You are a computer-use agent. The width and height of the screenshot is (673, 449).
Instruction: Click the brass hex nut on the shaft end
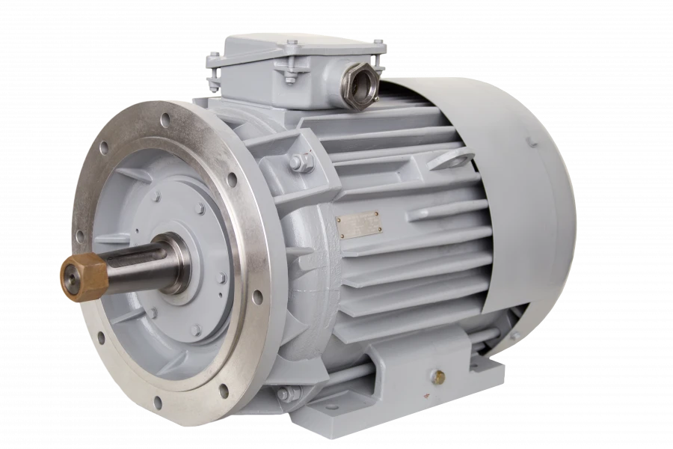click(80, 276)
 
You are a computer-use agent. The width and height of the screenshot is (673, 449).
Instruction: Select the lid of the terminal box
click(299, 46)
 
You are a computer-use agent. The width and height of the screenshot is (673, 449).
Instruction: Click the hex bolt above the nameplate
click(301, 162)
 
